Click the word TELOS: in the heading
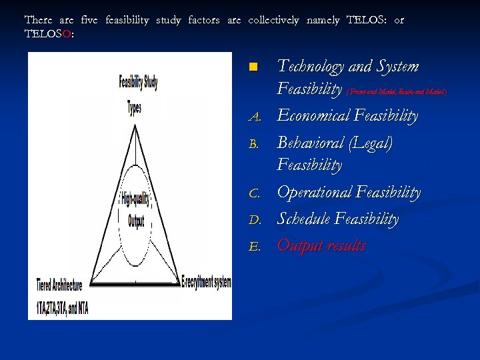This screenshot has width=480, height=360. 365,20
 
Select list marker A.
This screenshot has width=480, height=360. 253,117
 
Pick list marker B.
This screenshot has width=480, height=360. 253,144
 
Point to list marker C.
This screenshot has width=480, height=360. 253,194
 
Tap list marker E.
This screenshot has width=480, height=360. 253,247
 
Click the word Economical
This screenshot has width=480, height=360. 313,116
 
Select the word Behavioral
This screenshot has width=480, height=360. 311,143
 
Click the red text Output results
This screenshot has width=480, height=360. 321,245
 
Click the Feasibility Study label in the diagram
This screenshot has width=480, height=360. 137,81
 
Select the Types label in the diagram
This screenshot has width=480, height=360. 134,107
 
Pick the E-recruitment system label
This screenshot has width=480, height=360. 206,282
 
